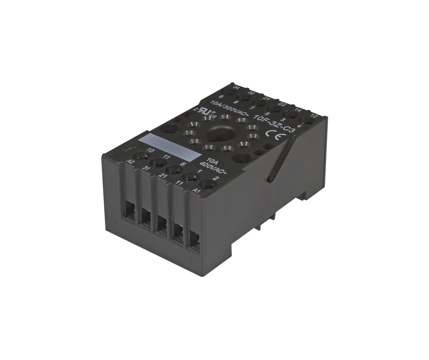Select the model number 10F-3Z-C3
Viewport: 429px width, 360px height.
tap(274, 122)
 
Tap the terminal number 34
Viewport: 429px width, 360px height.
tap(235, 87)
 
